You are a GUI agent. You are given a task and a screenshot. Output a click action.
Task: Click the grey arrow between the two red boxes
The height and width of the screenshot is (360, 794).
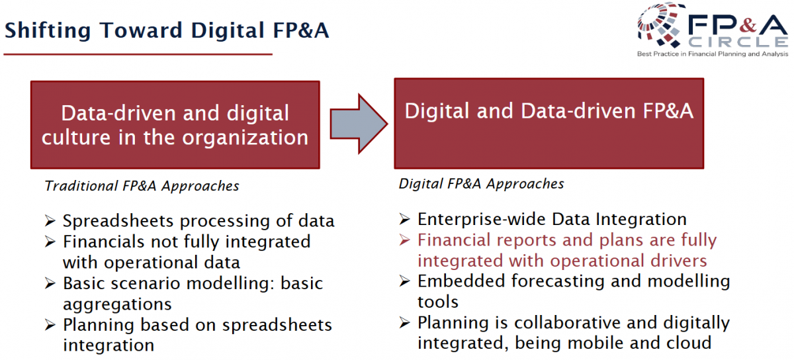(359, 124)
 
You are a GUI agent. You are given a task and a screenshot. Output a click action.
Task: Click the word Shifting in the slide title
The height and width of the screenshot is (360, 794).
(48, 30)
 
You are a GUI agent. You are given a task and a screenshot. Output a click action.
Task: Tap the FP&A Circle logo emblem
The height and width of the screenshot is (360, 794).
(659, 25)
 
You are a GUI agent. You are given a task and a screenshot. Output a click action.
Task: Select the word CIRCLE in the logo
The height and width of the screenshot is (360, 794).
(738, 42)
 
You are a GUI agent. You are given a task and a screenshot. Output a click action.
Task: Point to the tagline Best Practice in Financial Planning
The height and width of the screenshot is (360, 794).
(713, 54)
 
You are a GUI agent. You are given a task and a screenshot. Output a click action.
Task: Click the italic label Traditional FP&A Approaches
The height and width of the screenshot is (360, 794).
(142, 186)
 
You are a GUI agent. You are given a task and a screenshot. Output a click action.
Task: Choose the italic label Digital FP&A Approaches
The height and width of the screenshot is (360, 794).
(481, 184)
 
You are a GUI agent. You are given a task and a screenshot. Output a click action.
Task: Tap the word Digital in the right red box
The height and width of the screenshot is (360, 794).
(437, 111)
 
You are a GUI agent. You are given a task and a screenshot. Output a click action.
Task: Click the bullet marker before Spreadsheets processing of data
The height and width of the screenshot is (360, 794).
(50, 221)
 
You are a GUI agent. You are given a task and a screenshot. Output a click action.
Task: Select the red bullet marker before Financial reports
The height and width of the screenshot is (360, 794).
(404, 240)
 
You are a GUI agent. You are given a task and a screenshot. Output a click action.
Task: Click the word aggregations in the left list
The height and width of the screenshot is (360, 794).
(117, 304)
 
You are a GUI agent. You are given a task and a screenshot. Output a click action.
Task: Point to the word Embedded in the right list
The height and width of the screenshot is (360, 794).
(462, 281)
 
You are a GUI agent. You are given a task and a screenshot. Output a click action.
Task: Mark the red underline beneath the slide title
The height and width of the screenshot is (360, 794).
(138, 54)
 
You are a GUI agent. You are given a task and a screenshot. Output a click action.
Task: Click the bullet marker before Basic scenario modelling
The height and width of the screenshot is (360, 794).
(50, 283)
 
